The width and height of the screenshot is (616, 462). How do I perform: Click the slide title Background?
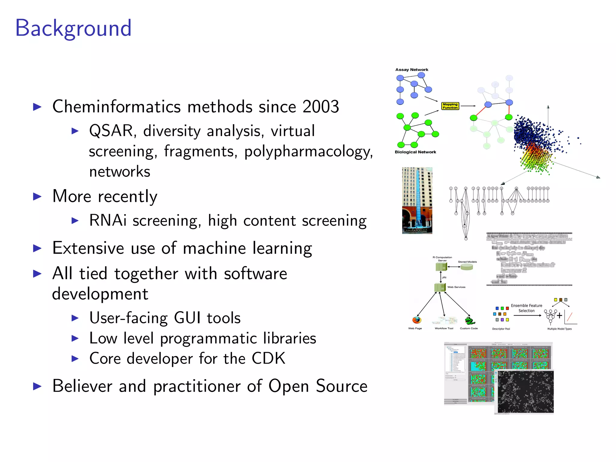[73, 28]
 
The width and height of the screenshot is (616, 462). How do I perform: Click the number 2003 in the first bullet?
[321, 107]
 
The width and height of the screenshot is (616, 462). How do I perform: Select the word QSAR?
[111, 131]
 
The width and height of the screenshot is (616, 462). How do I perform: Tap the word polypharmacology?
[308, 152]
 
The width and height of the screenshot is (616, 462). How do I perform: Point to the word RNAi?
[108, 220]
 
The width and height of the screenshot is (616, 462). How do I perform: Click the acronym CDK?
[268, 359]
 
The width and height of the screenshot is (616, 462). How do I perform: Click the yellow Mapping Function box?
[450, 106]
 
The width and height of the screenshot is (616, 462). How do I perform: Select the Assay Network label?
[411, 70]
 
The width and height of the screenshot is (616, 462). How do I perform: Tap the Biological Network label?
[415, 152]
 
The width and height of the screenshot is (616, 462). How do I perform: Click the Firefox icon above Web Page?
[417, 320]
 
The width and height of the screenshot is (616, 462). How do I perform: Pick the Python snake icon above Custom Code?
[470, 320]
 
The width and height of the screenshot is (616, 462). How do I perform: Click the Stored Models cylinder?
[467, 267]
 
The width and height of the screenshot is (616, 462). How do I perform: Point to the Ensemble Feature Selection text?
[526, 308]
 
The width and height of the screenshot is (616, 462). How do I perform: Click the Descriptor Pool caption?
[501, 329]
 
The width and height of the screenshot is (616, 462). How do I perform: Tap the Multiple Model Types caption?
[559, 329]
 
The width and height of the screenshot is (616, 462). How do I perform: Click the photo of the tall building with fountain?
[417, 200]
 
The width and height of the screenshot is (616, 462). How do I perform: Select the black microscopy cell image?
[525, 392]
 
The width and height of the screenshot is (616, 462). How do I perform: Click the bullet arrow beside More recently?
[37, 197]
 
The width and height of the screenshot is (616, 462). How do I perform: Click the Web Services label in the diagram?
[456, 287]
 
